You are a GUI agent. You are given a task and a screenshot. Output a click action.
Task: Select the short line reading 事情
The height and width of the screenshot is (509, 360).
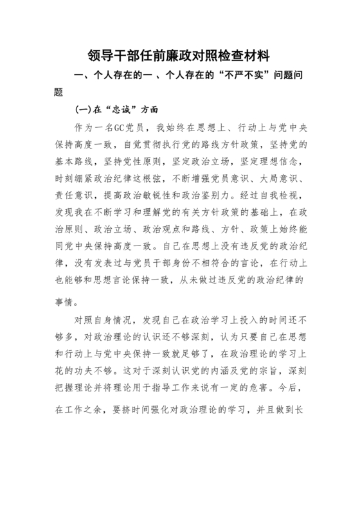[64, 300]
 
